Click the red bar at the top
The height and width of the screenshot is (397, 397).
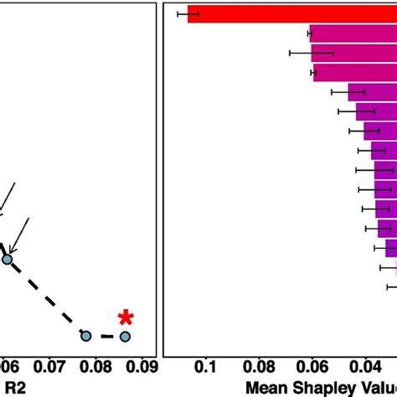point(293,14)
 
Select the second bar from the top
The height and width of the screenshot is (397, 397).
point(352,34)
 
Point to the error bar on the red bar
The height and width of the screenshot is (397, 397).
point(188,14)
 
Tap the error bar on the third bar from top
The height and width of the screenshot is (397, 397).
point(312,53)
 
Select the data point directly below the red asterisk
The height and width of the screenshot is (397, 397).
point(125,337)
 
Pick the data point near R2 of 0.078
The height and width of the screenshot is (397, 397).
point(85,336)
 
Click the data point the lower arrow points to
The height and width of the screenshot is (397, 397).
point(8,260)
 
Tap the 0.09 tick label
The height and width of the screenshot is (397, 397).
point(141,366)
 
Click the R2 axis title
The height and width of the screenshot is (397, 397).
point(15,387)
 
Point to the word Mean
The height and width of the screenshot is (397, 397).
point(267,388)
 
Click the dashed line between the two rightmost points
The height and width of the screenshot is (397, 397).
point(106,337)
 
